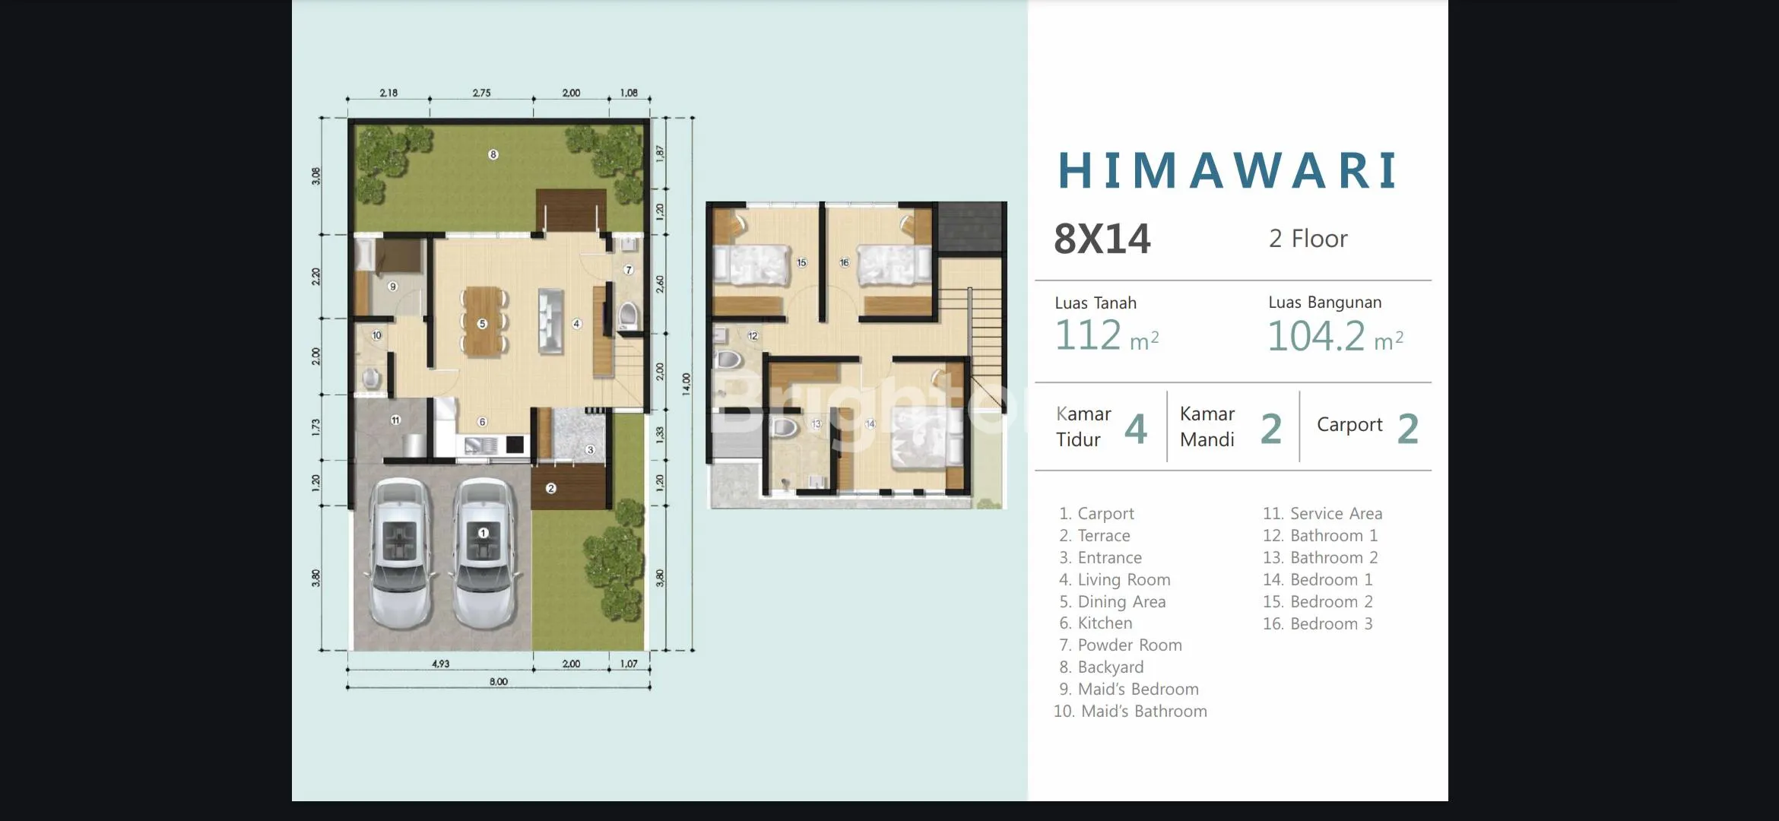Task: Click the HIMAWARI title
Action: tap(1228, 170)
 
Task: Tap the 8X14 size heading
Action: tap(1102, 239)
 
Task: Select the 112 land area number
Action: tap(1088, 335)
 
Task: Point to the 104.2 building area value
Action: tap(1316, 336)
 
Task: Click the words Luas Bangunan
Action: tap(1325, 302)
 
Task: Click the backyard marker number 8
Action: tap(493, 155)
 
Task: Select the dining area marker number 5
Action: tap(482, 324)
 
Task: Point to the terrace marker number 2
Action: tap(551, 489)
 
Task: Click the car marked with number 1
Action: tap(482, 554)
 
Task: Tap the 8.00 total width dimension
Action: tap(499, 682)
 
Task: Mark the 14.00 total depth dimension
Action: tap(687, 384)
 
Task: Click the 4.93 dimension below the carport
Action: tap(440, 664)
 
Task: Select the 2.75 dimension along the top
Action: tap(481, 93)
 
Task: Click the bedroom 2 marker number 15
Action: tap(801, 263)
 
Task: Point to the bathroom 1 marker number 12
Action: tap(753, 336)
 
